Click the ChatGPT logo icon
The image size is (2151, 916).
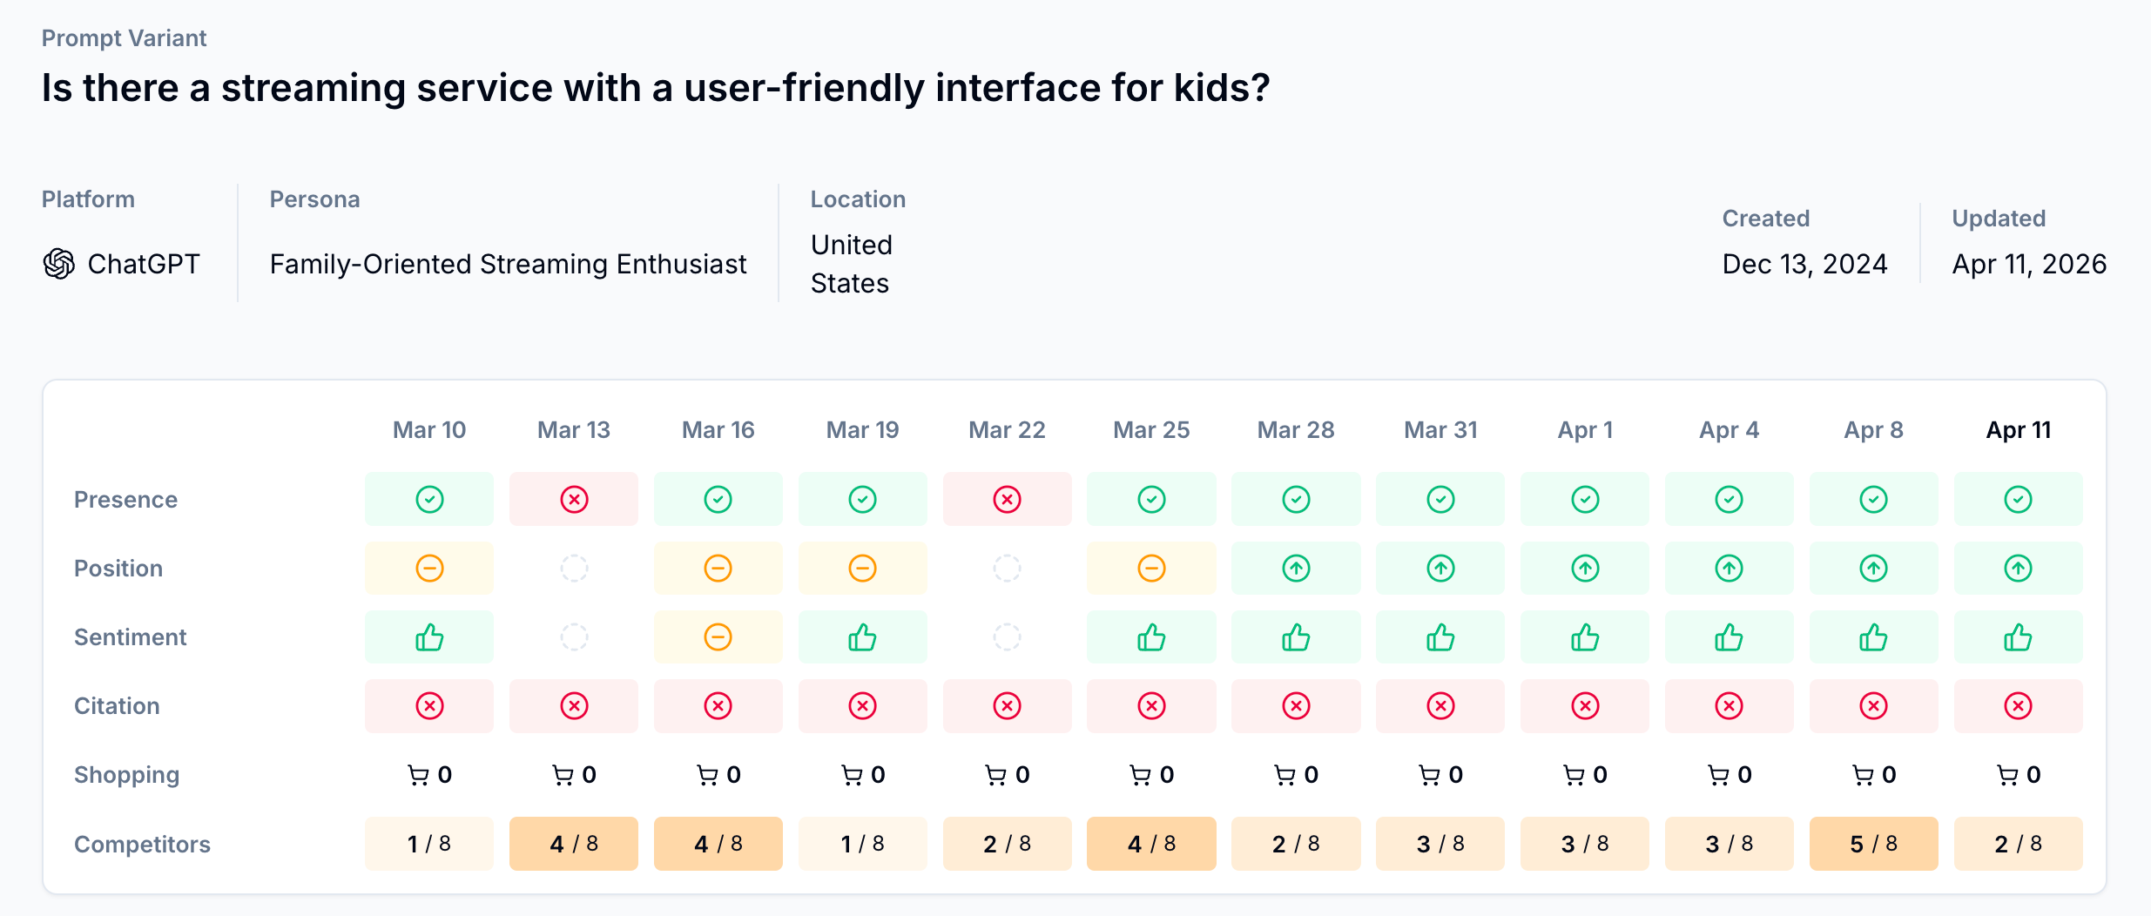pyautogui.click(x=59, y=264)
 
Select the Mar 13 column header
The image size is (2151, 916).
pyautogui.click(x=574, y=430)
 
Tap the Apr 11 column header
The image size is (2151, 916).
pyautogui.click(x=2018, y=430)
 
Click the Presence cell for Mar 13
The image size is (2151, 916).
pyautogui.click(x=574, y=500)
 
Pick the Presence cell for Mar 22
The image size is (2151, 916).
pyautogui.click(x=1007, y=500)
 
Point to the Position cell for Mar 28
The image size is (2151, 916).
pyautogui.click(x=1296, y=569)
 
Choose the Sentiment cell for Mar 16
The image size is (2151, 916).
pyautogui.click(x=718, y=637)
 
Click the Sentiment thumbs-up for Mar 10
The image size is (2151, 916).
pyautogui.click(x=429, y=637)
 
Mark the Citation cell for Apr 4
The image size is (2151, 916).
pyautogui.click(x=1729, y=706)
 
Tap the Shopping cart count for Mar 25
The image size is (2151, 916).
pyautogui.click(x=1151, y=775)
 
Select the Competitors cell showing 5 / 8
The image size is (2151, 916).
pyautogui.click(x=1873, y=844)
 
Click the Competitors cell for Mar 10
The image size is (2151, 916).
pyautogui.click(x=429, y=844)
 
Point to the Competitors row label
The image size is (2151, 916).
pyautogui.click(x=142, y=845)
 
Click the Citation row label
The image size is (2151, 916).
pyautogui.click(x=117, y=706)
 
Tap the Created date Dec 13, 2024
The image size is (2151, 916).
pyautogui.click(x=1804, y=264)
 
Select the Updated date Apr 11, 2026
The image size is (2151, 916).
pyautogui.click(x=2029, y=264)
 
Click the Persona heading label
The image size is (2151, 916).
pyautogui.click(x=314, y=199)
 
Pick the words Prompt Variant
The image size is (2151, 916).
pyautogui.click(x=124, y=38)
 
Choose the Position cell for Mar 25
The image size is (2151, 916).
pyautogui.click(x=1151, y=569)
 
